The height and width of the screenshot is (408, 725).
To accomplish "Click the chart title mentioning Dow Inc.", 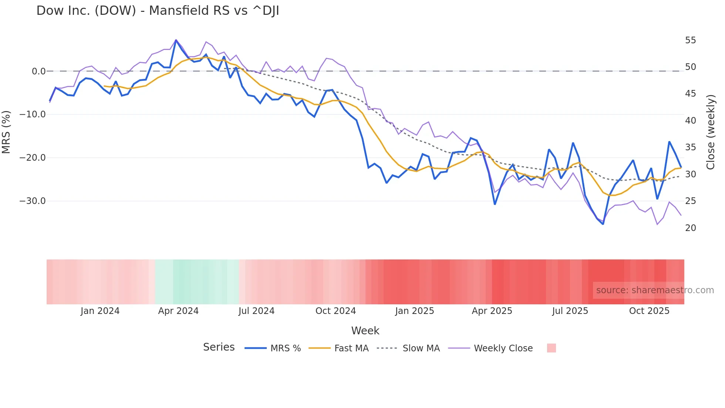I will click(x=158, y=11).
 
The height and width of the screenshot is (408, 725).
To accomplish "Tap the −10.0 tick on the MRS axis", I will click(x=33, y=114).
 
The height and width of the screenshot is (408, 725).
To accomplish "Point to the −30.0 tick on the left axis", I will click(x=33, y=201).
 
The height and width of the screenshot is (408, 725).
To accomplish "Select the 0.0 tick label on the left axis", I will click(x=38, y=71).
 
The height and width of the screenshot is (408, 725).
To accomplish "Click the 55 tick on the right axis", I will click(x=690, y=40).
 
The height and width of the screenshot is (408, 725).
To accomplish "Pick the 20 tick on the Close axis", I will click(x=690, y=228).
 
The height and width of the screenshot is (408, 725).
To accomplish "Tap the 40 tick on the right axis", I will click(x=690, y=121).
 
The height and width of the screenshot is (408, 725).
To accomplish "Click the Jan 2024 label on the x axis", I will click(x=100, y=311).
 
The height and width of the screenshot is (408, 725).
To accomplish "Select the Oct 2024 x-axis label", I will click(x=335, y=311).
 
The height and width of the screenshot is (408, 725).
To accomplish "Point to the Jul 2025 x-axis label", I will click(x=570, y=311).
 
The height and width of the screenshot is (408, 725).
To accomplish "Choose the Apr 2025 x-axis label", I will click(x=492, y=311).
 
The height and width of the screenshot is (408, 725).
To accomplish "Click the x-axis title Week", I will click(x=365, y=331).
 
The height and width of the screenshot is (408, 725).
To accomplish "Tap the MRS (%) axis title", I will click(x=6, y=132).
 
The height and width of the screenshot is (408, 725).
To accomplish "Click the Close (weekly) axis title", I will click(x=711, y=132).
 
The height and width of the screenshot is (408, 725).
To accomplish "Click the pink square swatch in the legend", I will click(x=551, y=348).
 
